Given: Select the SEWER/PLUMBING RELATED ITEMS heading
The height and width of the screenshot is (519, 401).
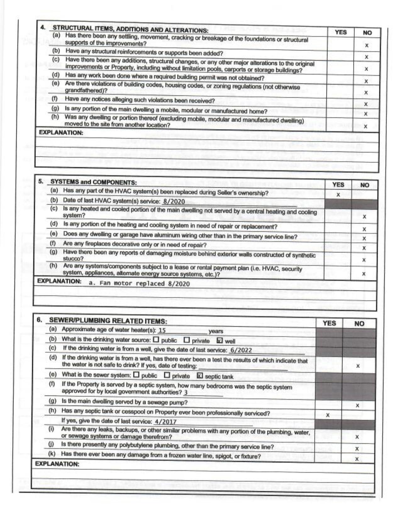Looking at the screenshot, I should (108, 321).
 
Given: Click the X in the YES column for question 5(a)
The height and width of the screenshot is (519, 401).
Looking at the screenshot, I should (338, 195).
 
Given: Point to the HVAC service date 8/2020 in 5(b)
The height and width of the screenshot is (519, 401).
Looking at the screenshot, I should (174, 202).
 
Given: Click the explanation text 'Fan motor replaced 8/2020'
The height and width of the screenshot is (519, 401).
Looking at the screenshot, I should (139, 283).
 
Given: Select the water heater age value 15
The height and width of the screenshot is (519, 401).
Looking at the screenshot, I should (162, 331).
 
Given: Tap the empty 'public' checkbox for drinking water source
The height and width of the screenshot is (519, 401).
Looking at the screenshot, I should (156, 340).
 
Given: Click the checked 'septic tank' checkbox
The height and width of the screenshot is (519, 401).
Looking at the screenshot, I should (199, 376).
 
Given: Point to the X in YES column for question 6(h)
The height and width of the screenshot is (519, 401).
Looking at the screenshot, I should (328, 415).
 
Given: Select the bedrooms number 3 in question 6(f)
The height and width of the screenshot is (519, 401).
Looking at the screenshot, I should (186, 393).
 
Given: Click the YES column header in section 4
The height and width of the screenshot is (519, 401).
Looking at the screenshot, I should (341, 32).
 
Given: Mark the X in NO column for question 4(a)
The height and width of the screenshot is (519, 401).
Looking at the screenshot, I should (366, 46).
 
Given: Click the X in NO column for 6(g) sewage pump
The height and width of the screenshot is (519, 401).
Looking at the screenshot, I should (357, 406).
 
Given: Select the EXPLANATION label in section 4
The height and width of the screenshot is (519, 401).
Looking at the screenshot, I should (61, 133).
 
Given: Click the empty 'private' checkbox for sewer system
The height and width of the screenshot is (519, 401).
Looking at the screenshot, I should (167, 376).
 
